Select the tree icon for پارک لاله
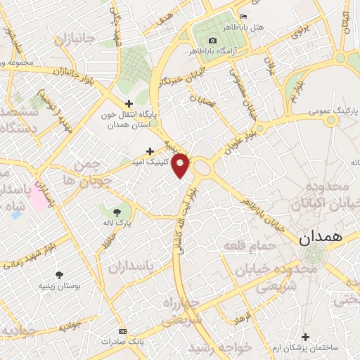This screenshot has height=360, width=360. click(x=116, y=210)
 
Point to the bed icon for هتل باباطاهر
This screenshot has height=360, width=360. click(x=244, y=16)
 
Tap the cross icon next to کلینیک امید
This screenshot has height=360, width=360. click(x=150, y=151)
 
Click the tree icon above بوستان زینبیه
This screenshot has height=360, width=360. click(x=59, y=274)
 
